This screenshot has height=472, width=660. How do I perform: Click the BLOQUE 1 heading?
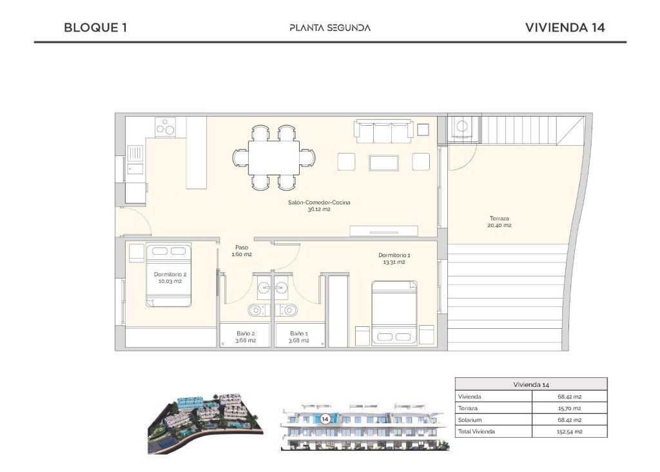point(95,28)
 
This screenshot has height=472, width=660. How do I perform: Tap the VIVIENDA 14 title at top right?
point(565,28)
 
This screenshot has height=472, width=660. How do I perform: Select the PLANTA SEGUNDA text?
point(330,28)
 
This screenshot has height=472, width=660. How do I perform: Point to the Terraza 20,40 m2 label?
point(500,222)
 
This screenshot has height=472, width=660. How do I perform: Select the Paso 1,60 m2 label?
point(242,251)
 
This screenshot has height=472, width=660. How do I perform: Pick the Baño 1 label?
point(298,337)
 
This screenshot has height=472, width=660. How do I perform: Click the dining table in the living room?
point(274,158)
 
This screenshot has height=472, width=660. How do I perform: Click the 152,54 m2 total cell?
point(569,431)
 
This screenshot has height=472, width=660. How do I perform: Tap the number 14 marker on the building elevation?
point(325,418)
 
